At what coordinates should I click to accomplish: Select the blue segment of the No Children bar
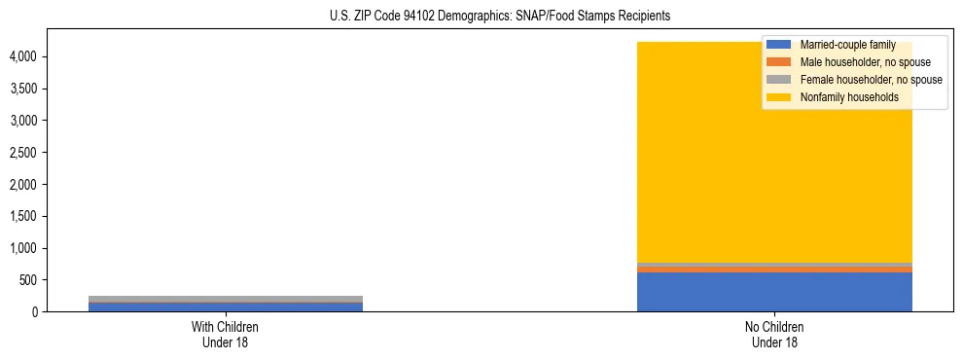(x=774, y=292)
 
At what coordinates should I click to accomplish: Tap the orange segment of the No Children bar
(x=774, y=270)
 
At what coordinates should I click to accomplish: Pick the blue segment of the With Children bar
(x=225, y=307)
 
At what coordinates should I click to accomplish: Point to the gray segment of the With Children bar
(x=225, y=299)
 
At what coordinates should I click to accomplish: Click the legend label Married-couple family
(x=847, y=45)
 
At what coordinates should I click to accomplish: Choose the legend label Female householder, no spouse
(x=872, y=80)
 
